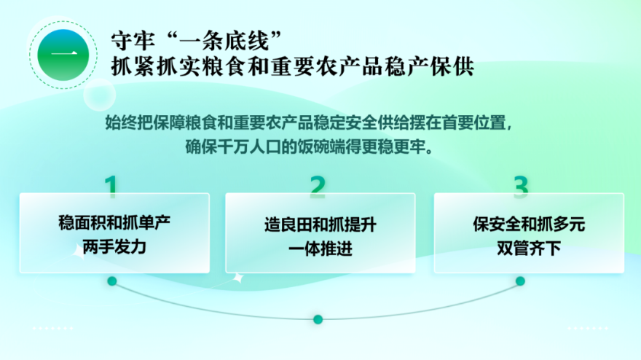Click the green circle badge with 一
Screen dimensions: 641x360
point(63,55)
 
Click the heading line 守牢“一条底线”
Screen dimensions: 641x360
point(196,40)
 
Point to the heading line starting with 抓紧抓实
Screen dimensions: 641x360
point(292,66)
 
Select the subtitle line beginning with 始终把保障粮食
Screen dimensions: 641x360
point(309,122)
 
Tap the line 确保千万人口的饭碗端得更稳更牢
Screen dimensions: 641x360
point(309,146)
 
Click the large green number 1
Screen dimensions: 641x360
point(111,187)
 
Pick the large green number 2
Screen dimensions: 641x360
point(318,187)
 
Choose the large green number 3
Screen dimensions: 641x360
point(521,187)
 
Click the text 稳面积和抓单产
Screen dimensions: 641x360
point(114,223)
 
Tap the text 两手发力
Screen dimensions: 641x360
point(114,247)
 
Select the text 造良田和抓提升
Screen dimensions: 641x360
point(320,224)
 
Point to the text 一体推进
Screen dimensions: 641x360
point(320,249)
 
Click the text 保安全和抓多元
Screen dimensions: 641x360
point(529,224)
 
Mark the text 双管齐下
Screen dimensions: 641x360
point(529,248)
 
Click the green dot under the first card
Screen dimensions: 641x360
point(112,281)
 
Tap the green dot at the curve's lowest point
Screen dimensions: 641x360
point(318,319)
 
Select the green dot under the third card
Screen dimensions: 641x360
point(520,281)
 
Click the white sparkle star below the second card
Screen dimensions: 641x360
point(238,278)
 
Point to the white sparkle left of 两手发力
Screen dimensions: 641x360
point(79,251)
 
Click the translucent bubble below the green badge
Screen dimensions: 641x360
point(99,95)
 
